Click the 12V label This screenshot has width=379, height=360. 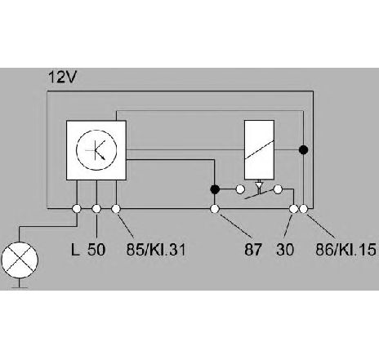click(62, 77)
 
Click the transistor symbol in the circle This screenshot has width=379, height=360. click(96, 150)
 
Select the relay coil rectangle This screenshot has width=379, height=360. click(259, 150)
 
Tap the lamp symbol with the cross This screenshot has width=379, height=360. click(20, 260)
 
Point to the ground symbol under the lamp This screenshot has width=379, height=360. click(20, 285)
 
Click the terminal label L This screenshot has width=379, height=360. click(75, 249)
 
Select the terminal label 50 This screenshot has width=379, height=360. click(96, 249)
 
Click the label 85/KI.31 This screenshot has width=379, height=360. click(156, 249)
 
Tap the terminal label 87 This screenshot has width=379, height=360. click(253, 249)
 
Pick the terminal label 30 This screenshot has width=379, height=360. click(285, 249)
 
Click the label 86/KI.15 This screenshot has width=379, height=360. click(346, 249)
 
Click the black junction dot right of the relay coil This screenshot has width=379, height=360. click(303, 149)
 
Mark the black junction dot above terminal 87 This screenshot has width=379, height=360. click(215, 189)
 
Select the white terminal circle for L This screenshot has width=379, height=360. click(77, 209)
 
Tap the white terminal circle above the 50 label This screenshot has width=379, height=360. click(96, 209)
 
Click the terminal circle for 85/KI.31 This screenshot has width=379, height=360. click(116, 209)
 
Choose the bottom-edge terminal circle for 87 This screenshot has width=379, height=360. click(215, 209)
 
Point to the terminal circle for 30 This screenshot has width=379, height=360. click(293, 209)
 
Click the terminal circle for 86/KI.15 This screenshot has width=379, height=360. click(303, 209)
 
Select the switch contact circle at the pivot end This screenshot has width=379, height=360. click(278, 189)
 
